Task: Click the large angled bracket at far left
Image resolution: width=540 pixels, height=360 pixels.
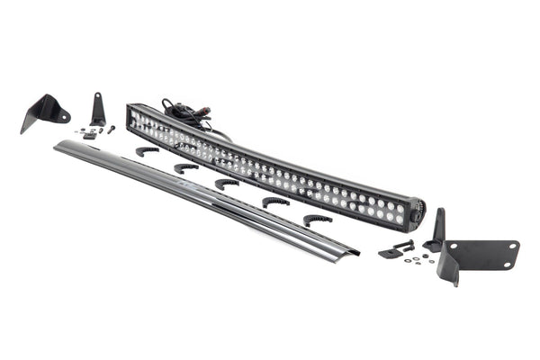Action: pyautogui.click(x=43, y=112)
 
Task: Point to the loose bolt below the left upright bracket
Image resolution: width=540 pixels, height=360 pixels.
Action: pyautogui.click(x=111, y=130)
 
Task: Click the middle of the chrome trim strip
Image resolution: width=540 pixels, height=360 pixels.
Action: pyautogui.click(x=207, y=195)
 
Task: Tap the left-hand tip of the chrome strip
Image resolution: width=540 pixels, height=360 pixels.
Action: pyautogui.click(x=58, y=143)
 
